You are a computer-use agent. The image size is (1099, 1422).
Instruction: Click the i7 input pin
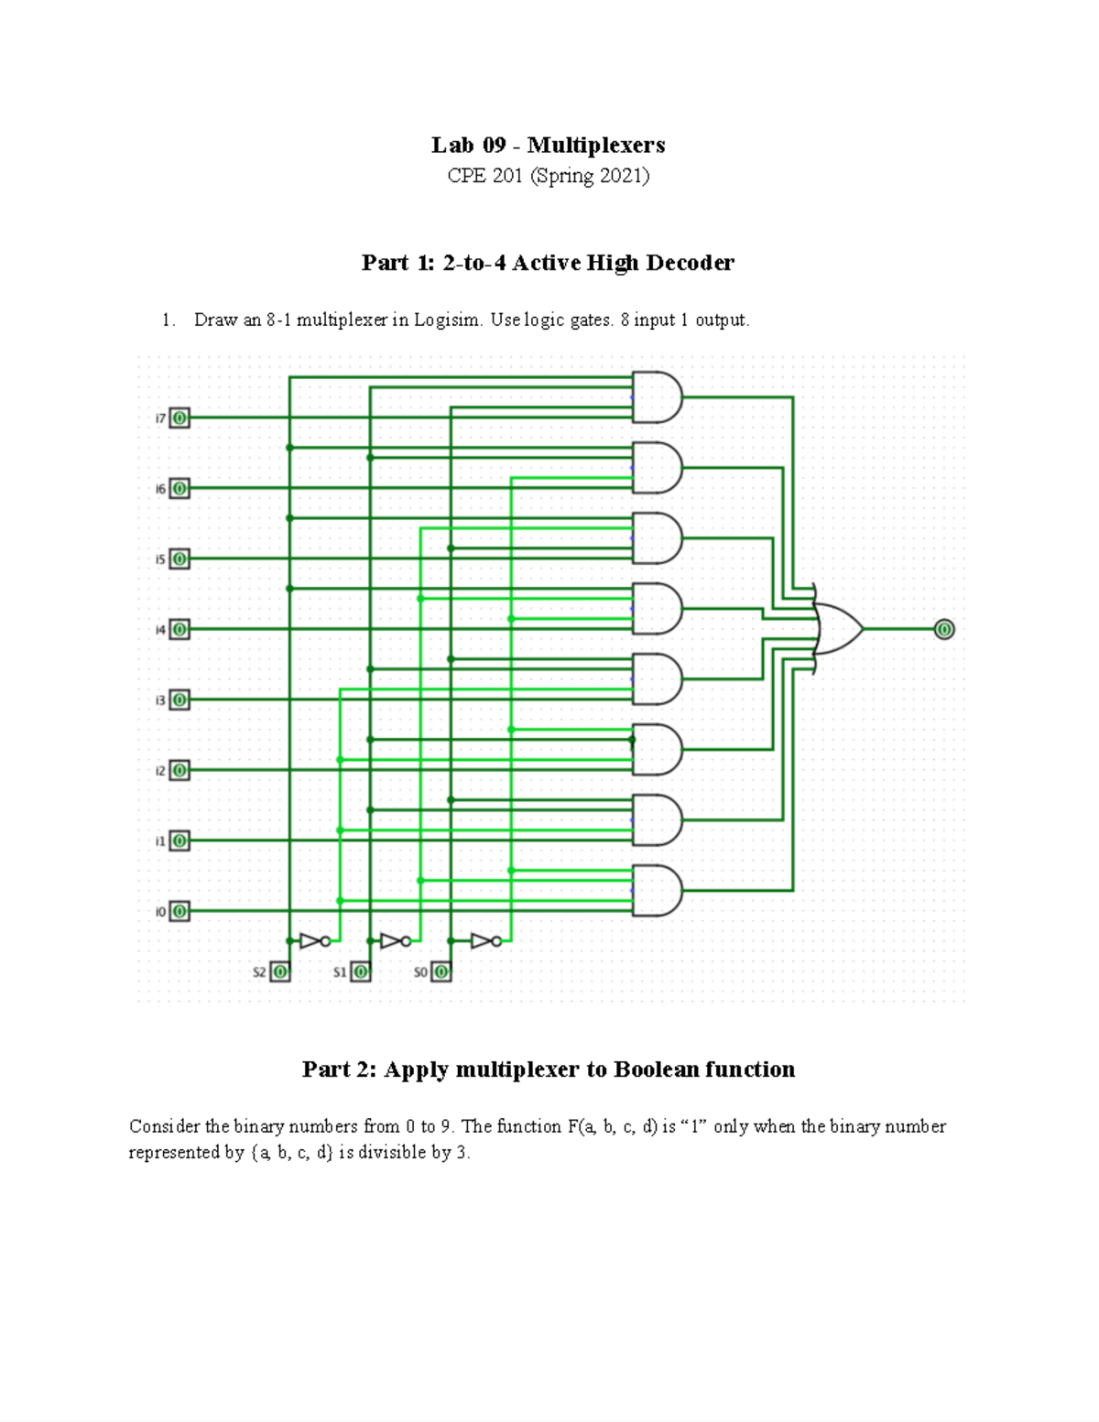[180, 418]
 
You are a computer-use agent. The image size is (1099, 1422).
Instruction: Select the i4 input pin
[180, 630]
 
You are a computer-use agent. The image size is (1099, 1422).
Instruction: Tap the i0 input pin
[180, 911]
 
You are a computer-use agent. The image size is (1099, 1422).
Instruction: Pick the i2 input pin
[180, 770]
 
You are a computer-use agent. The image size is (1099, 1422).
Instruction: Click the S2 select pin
[280, 972]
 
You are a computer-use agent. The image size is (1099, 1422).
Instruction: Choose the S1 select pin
[361, 972]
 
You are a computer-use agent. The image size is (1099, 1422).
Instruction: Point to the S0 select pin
[441, 972]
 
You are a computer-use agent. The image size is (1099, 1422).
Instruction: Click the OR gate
[837, 629]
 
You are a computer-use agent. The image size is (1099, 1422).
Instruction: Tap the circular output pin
[944, 629]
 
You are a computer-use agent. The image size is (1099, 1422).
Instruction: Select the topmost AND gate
[657, 397]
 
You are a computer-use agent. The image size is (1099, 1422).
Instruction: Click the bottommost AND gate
[657, 890]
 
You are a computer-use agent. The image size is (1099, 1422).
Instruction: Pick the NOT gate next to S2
[313, 940]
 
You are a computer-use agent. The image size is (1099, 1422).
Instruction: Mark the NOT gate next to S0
[484, 940]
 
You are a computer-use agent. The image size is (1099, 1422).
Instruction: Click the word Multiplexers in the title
[596, 145]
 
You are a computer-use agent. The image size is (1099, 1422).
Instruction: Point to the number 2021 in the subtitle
[620, 176]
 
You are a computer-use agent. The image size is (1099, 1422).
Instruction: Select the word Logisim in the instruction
[447, 320]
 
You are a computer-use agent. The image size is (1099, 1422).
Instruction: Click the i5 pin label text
[159, 559]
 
